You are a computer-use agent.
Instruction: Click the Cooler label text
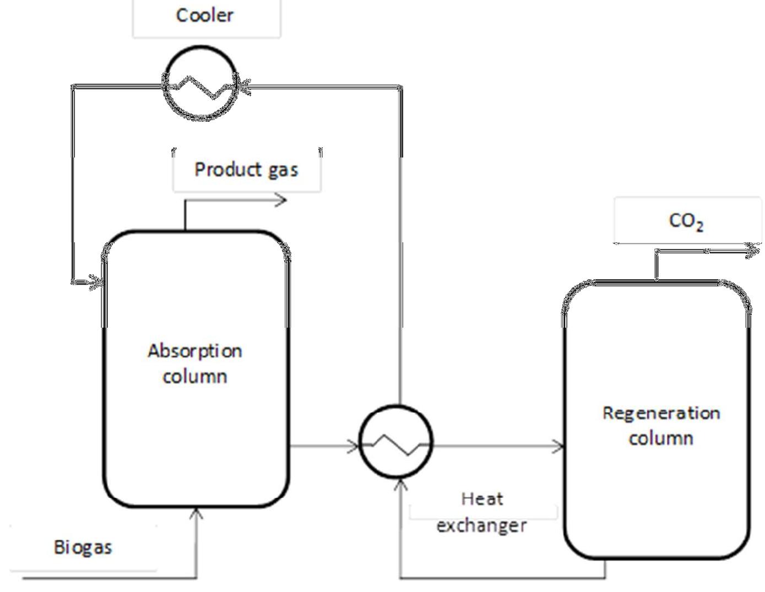204,15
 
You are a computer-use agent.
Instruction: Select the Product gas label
246,169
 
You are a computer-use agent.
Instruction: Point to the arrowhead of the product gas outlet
282,200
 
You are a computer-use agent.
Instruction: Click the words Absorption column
194,363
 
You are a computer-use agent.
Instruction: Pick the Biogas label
83,547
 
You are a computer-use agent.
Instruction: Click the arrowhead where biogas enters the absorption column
196,513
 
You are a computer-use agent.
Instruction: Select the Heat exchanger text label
482,512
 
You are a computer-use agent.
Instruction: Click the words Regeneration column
661,426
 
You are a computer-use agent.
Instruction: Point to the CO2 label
686,221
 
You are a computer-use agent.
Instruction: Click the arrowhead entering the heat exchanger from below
401,485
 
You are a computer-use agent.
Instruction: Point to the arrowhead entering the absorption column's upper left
96,283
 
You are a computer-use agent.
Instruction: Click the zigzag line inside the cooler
201,88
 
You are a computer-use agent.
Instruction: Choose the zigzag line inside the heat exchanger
395,444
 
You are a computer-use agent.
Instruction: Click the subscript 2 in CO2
699,226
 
